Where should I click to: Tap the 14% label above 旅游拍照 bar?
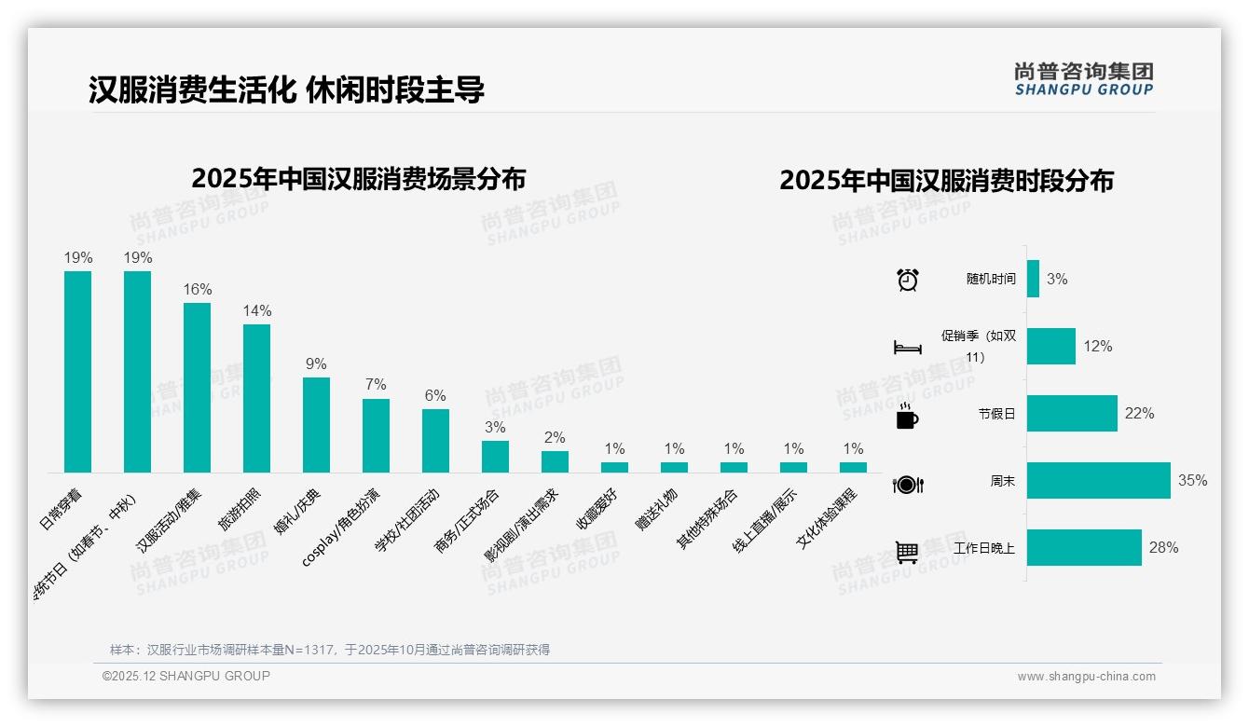(x=256, y=310)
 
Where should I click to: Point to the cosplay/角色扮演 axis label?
(x=341, y=527)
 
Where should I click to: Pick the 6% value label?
(x=435, y=395)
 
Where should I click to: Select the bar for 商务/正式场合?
(x=495, y=456)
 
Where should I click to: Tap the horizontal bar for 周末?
(x=1098, y=481)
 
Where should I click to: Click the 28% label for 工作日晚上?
(x=1163, y=548)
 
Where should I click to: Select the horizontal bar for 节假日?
(x=1072, y=414)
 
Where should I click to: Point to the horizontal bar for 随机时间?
(x=1033, y=280)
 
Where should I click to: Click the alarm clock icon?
(x=907, y=280)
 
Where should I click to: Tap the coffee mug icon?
(x=907, y=416)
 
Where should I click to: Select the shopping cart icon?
(x=907, y=552)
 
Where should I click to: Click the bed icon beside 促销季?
(x=907, y=348)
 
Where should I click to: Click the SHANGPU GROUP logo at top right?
(x=1083, y=79)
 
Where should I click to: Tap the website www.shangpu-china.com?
(x=1086, y=677)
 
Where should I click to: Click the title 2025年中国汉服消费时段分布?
(x=946, y=181)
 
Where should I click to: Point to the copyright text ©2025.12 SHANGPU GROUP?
(x=186, y=676)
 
